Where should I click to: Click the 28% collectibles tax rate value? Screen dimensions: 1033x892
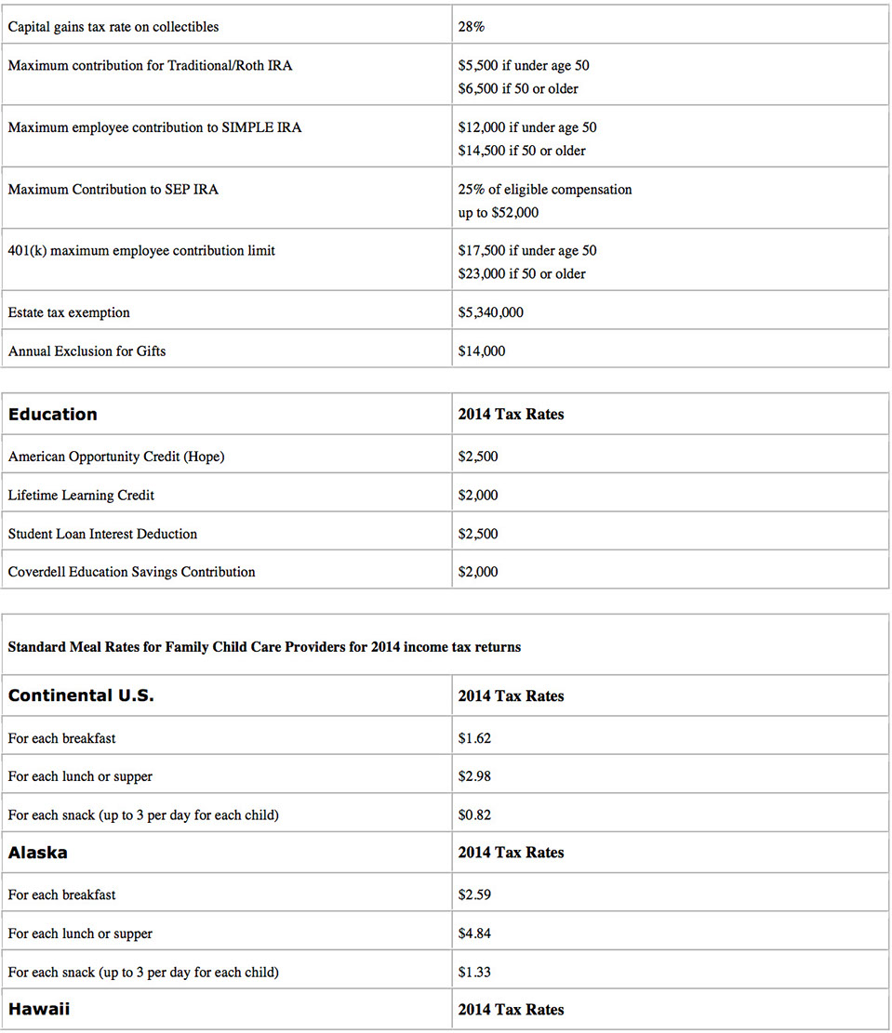pos(471,27)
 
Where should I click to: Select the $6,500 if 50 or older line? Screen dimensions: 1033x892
pos(518,89)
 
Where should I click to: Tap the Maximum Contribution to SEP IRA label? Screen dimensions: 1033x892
pos(113,190)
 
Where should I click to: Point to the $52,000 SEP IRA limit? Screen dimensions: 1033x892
pos(511,213)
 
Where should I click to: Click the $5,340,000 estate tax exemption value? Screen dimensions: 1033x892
pos(490,313)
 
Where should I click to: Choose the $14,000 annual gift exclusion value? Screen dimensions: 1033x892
pos(482,351)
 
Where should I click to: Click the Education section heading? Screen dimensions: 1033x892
pos(53,415)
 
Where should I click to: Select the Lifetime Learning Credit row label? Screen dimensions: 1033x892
pos(81,496)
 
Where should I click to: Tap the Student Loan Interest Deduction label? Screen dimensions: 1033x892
pos(102,535)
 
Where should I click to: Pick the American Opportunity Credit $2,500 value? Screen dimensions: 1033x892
pos(478,457)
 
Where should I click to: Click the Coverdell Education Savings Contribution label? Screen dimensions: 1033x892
pos(131,573)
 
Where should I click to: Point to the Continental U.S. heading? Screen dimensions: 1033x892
pos(81,695)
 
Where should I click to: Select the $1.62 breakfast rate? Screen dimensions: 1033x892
pos(474,739)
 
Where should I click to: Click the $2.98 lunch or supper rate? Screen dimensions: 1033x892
pos(474,777)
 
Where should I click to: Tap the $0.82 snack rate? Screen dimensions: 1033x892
pos(474,815)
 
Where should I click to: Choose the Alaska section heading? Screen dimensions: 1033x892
pos(38,853)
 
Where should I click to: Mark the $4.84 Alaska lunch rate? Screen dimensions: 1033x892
pos(474,934)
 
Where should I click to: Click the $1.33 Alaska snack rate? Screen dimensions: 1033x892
pos(474,973)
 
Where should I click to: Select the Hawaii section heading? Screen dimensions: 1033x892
pos(38,1009)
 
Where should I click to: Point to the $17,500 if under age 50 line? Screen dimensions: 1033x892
pos(527,251)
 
